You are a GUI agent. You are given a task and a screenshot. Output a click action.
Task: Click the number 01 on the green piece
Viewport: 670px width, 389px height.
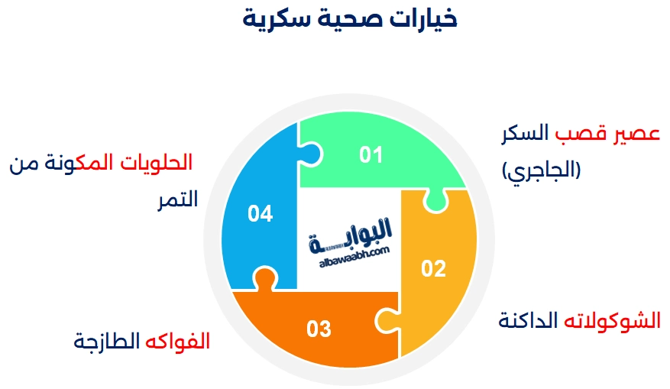tap(371, 155)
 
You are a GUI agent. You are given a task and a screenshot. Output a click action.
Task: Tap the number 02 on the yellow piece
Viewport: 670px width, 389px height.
tap(433, 268)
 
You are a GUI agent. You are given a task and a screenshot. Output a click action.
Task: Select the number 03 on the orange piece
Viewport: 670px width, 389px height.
tap(319, 329)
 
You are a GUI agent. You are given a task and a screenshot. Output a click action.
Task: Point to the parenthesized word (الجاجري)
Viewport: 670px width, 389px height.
tap(541, 170)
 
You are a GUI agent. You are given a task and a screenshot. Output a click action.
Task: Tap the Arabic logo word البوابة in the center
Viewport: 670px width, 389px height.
tap(360, 230)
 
